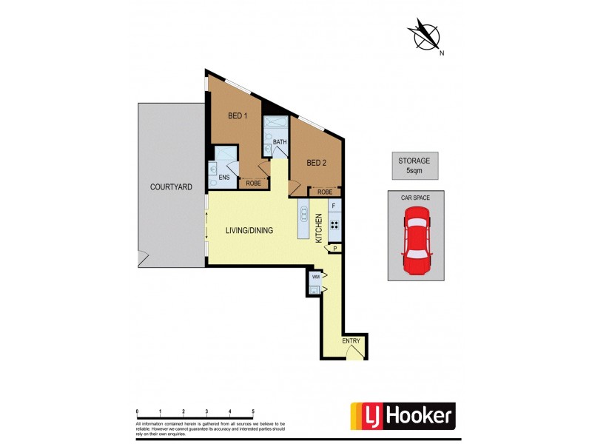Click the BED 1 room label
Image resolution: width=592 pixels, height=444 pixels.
point(237,115)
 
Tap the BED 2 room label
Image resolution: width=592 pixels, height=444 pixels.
point(316,163)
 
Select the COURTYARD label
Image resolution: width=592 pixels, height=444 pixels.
point(171,187)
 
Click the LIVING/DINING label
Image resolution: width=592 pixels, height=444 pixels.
point(249,230)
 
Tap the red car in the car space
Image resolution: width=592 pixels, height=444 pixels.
point(417,240)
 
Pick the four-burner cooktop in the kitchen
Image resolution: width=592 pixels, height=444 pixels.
point(334,226)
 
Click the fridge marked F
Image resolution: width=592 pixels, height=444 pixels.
point(334,205)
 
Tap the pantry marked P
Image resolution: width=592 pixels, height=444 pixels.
point(334,249)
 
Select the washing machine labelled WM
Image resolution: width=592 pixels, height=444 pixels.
point(315,277)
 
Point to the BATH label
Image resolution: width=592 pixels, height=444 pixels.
point(280,142)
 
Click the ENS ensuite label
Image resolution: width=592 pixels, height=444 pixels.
point(224,178)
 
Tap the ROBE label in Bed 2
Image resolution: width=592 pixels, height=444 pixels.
point(324,192)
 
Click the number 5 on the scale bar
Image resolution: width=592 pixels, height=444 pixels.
point(253,410)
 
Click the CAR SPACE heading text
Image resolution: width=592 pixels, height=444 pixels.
point(417,197)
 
